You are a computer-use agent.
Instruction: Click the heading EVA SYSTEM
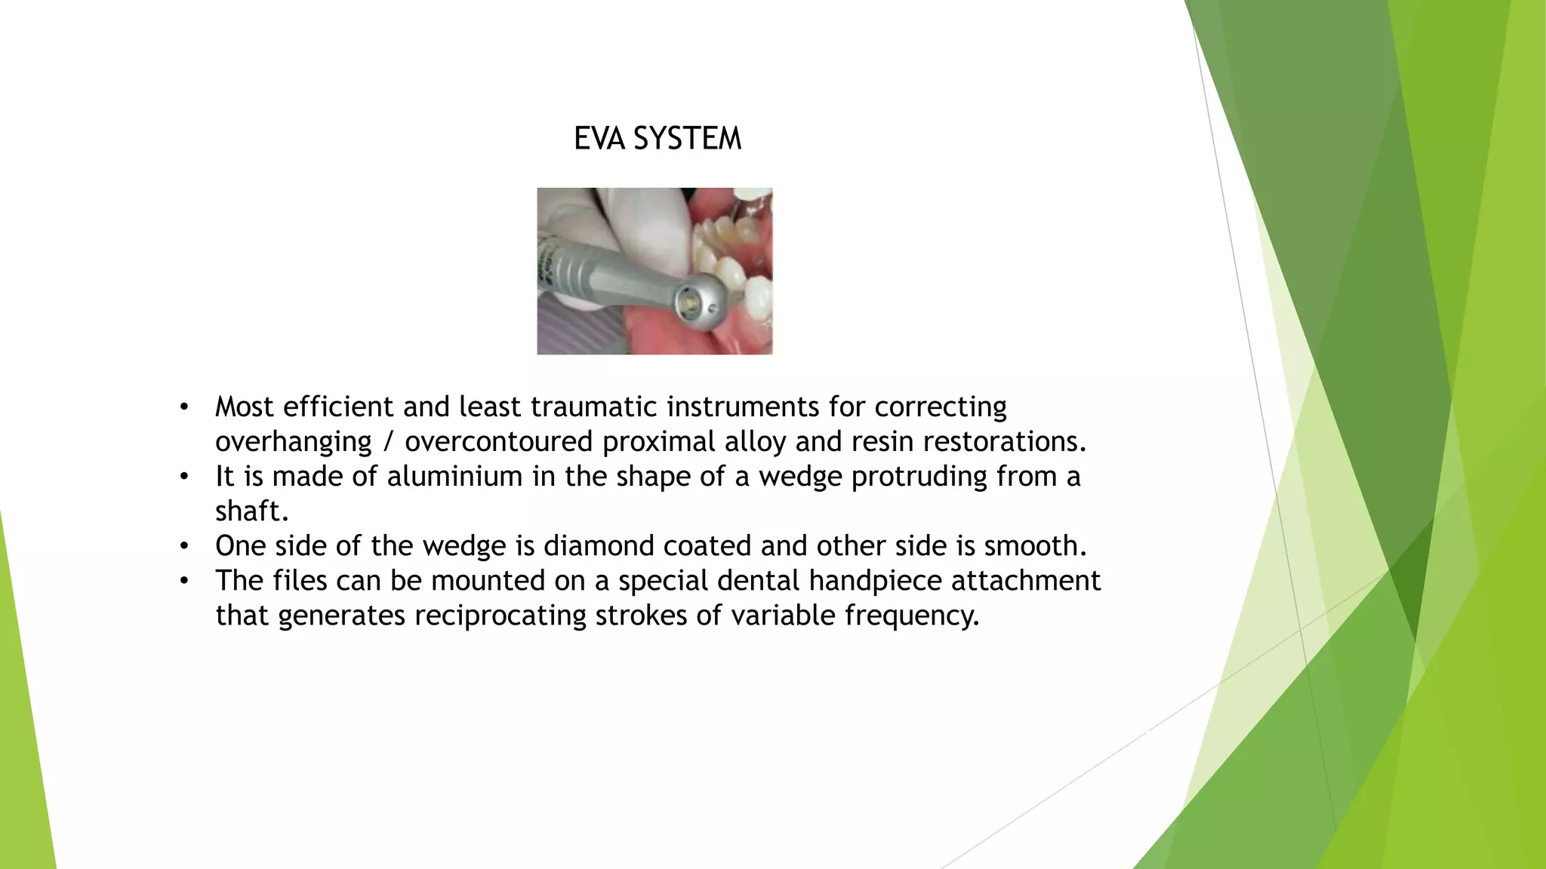(658, 139)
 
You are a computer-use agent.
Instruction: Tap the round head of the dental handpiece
(696, 302)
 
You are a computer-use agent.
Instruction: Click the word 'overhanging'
(293, 442)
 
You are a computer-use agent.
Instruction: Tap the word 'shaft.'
(252, 511)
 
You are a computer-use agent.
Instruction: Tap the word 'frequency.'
(912, 616)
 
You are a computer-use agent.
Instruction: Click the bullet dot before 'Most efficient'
(183, 408)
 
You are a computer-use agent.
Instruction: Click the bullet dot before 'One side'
(183, 547)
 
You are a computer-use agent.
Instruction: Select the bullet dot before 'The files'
(183, 582)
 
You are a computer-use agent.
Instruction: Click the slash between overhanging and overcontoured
(388, 442)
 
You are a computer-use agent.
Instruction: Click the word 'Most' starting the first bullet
(245, 407)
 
